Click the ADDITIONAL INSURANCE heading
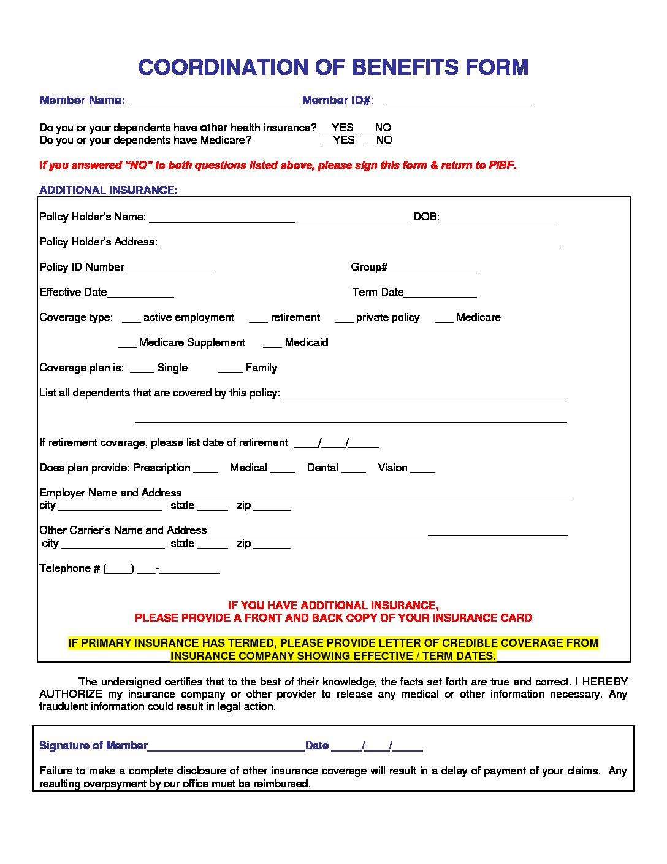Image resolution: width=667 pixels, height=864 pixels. click(x=109, y=190)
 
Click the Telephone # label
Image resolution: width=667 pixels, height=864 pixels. click(x=69, y=568)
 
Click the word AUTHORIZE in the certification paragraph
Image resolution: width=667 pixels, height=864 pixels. click(x=71, y=694)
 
